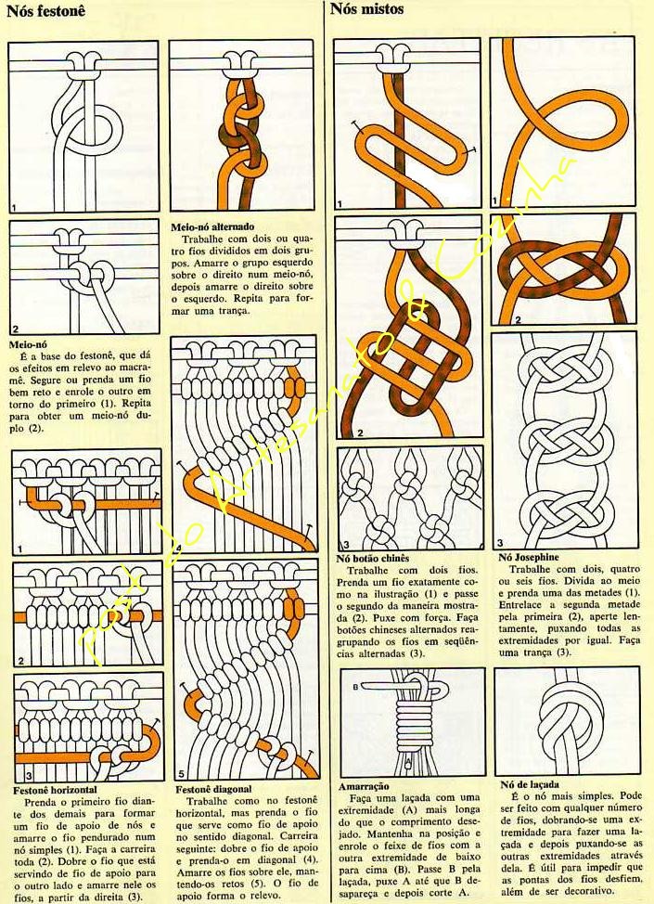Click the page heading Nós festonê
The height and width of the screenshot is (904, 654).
click(45, 11)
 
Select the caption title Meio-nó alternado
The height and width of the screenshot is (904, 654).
click(212, 227)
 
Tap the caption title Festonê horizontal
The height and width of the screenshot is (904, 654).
click(56, 790)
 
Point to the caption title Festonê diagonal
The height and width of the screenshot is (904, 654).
click(213, 789)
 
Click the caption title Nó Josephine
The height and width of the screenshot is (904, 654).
click(529, 557)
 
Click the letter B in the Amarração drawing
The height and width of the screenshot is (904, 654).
click(355, 687)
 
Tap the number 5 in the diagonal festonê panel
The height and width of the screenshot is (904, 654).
click(180, 774)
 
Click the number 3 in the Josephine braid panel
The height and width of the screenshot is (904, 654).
click(500, 543)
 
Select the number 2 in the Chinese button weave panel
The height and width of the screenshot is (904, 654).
click(360, 433)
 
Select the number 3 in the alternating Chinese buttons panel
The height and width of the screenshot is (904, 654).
click(346, 544)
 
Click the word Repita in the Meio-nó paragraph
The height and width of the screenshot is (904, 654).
click(136, 404)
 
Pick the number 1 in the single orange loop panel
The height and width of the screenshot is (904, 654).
click(494, 201)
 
